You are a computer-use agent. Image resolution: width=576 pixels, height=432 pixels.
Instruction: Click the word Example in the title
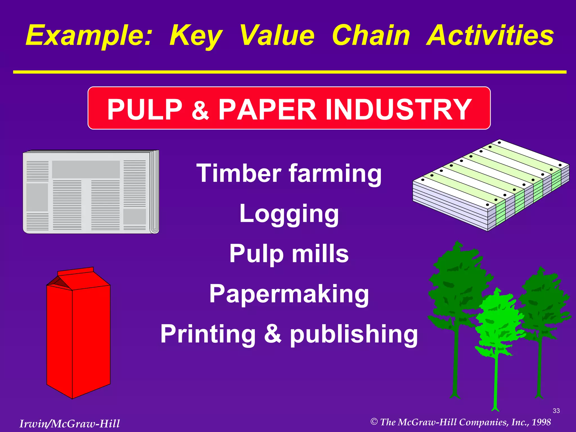pos(89,36)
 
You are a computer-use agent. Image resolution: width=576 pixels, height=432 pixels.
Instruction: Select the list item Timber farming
pos(289,174)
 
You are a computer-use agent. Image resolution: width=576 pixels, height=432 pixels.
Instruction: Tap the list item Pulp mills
pos(289,254)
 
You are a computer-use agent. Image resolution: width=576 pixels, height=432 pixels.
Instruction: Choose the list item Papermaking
pos(289,294)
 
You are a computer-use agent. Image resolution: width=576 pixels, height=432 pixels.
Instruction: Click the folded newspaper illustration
pos(91,192)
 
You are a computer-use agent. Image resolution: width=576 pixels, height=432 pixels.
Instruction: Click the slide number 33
pos(556,411)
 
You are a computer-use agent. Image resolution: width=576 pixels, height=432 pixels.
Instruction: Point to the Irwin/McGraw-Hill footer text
pos(69,424)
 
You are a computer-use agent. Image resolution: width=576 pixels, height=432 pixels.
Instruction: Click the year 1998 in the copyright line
pos(541,422)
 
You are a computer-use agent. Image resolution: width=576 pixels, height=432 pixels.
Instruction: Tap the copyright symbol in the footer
pos(374,422)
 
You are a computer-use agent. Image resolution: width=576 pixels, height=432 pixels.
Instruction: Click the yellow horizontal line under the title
pos(290,72)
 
